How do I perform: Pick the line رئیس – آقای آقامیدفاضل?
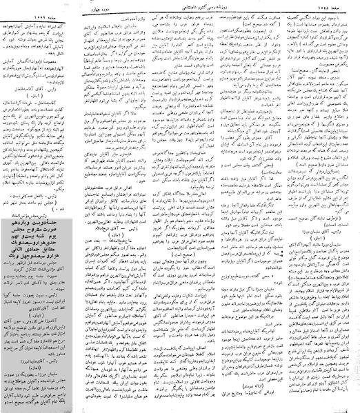point(43,88)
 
